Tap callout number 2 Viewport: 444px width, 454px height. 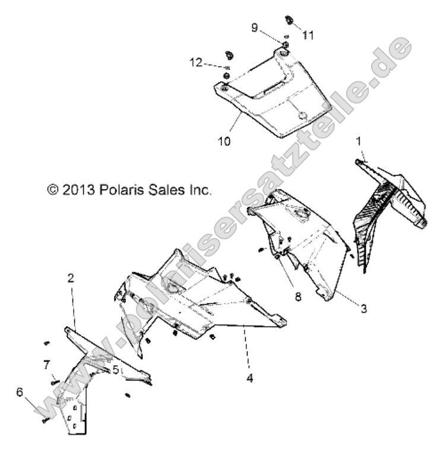coord(71,277)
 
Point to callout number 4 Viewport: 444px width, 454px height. coord(250,377)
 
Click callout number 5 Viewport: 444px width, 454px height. coord(115,369)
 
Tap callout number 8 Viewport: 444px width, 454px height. coord(297,295)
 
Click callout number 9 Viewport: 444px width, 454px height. coord(254,27)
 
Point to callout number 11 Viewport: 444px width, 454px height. coord(307,36)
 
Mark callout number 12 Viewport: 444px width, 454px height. coord(196,62)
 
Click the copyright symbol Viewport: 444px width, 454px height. coord(53,190)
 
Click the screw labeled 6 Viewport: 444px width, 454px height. coord(45,420)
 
